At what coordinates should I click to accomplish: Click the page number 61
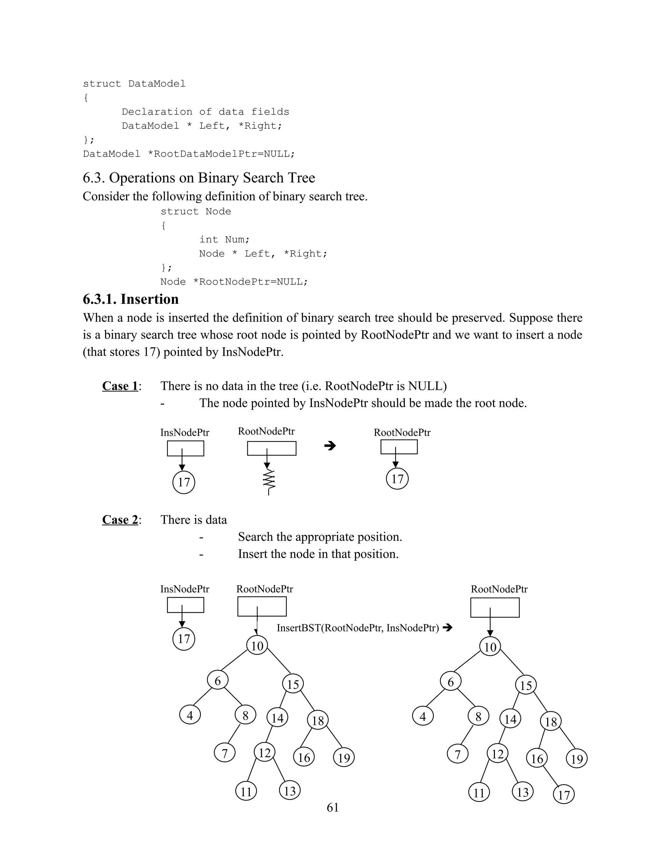click(x=332, y=807)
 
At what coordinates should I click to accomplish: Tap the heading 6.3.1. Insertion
click(x=131, y=299)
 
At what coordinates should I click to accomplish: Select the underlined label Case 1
click(x=120, y=386)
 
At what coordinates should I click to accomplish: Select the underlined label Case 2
click(x=120, y=520)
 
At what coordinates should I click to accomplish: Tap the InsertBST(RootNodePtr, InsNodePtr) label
click(x=358, y=628)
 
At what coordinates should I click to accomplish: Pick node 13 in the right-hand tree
click(x=523, y=792)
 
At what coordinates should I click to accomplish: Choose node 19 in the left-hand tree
click(x=344, y=758)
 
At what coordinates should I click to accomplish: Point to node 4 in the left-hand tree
click(x=190, y=716)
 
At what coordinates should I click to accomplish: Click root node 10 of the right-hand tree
click(x=490, y=647)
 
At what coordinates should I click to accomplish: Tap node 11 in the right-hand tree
click(x=479, y=793)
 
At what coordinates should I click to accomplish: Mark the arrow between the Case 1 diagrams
click(x=330, y=445)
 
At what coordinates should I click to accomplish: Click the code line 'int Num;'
click(x=224, y=239)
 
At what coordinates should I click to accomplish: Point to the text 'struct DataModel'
click(x=134, y=84)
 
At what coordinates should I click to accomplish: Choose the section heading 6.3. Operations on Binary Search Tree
click(x=199, y=178)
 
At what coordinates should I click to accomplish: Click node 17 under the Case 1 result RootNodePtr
click(x=397, y=479)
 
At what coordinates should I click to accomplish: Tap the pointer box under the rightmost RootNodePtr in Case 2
click(x=495, y=608)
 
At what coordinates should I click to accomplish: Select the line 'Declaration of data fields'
click(x=205, y=112)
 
